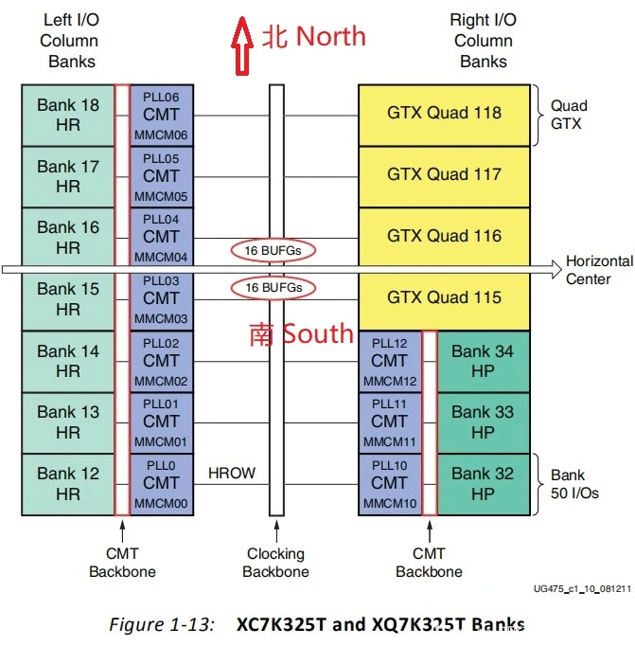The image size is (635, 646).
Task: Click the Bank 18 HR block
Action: [x=68, y=114]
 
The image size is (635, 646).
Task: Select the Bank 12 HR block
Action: [x=68, y=483]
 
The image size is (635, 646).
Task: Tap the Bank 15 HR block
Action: [x=68, y=298]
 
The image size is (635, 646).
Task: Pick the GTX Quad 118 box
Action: [x=444, y=114]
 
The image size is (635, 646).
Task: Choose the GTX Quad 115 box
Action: [x=444, y=297]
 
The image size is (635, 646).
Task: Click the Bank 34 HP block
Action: [x=482, y=361]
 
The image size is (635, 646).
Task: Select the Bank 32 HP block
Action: [x=482, y=483]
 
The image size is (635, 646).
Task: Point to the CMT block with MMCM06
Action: [x=161, y=115]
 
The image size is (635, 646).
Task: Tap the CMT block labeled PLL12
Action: [x=389, y=361]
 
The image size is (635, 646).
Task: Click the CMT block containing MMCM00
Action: [x=161, y=483]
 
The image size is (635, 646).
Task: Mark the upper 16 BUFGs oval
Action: [x=273, y=250]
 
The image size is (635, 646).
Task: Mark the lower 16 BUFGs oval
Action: [x=273, y=287]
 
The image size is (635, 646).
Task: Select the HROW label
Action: [x=232, y=473]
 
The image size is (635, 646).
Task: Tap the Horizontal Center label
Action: [x=599, y=270]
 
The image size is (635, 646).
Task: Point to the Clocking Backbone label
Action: [x=276, y=563]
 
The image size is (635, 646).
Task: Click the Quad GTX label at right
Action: [x=569, y=114]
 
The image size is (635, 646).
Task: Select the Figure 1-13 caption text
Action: [x=317, y=624]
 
